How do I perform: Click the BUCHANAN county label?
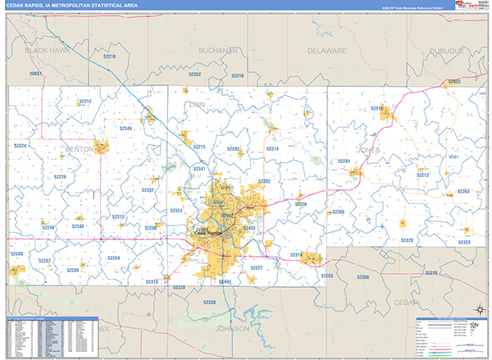(x=218, y=50)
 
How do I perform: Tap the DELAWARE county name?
(x=326, y=50)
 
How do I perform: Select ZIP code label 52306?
(x=362, y=277)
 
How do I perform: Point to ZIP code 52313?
(x=85, y=101)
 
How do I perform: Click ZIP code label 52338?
(x=209, y=303)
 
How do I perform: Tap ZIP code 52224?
(x=20, y=145)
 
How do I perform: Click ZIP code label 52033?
(x=453, y=82)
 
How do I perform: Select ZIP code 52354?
(x=113, y=258)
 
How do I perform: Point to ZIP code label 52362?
(x=463, y=191)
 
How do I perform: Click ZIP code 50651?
(x=35, y=75)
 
